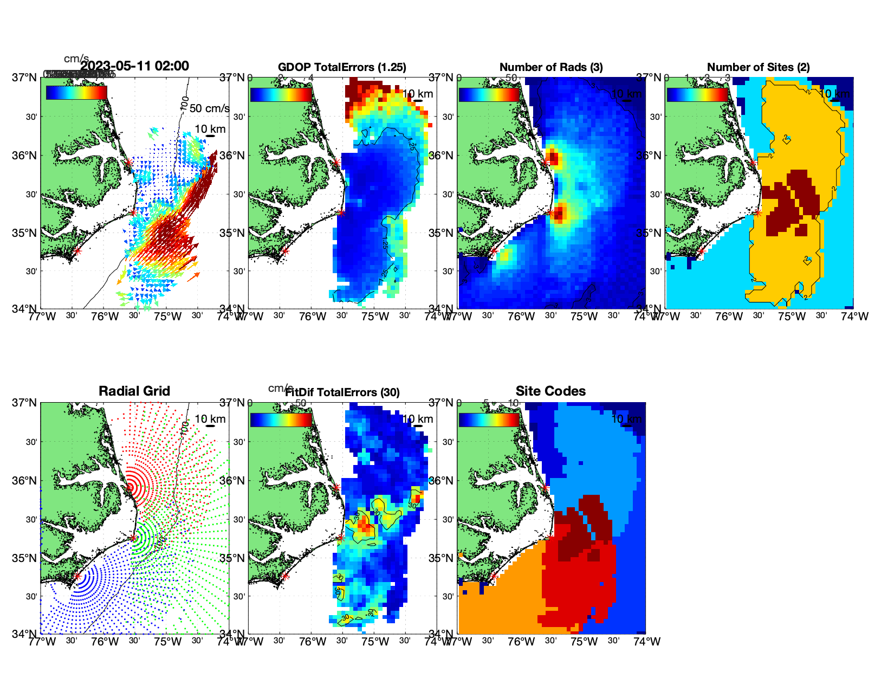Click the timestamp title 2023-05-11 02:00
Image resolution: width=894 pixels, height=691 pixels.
(134, 66)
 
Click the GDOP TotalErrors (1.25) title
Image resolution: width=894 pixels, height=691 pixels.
(342, 67)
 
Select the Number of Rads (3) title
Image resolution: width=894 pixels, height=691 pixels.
(551, 67)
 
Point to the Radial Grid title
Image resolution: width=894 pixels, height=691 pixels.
(134, 391)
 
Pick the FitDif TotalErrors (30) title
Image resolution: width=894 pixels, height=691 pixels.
(342, 392)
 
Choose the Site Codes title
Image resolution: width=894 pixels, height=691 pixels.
(550, 391)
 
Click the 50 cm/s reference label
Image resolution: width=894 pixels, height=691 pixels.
(209, 108)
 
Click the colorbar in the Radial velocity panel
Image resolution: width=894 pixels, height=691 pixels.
(76, 93)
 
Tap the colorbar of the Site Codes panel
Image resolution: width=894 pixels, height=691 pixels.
(489, 419)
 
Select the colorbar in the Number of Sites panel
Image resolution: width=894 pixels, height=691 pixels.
(697, 94)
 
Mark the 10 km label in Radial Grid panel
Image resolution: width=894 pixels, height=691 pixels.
(210, 419)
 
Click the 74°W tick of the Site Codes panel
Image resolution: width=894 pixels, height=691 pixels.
(647, 642)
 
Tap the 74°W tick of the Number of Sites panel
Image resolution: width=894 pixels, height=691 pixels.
(854, 317)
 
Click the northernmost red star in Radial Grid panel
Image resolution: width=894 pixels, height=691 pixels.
(129, 487)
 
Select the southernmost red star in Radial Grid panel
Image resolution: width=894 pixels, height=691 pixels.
(77, 576)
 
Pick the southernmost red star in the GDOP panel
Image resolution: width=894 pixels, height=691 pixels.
(286, 251)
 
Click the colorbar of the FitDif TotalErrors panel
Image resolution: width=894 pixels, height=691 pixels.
(281, 419)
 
